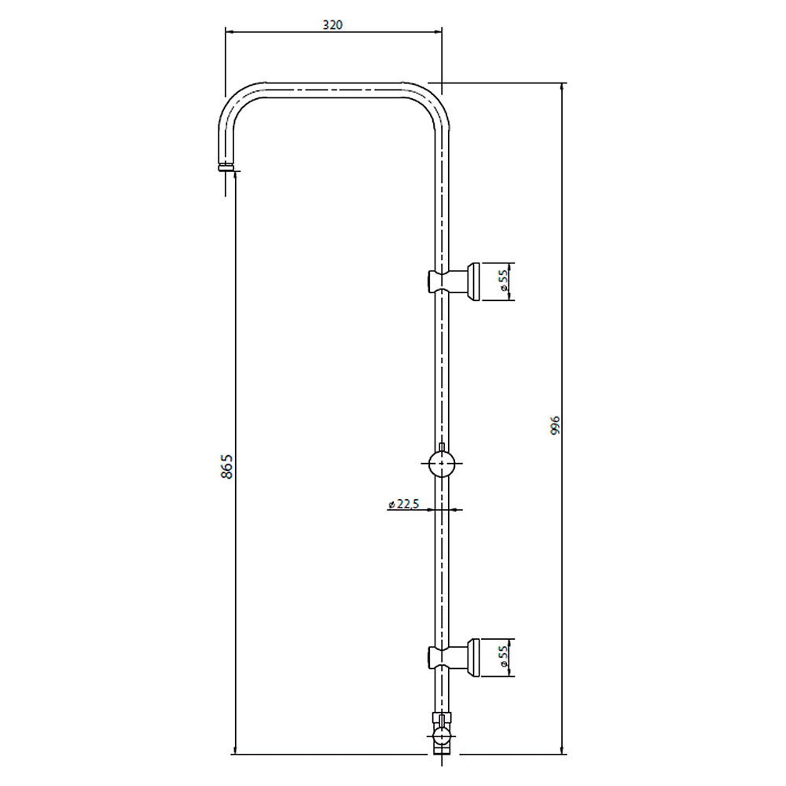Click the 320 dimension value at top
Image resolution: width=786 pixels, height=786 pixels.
(332, 24)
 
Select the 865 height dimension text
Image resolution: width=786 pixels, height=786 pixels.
(227, 467)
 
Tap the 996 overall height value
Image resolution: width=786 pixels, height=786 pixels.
(555, 424)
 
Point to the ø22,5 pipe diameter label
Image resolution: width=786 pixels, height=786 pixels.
(404, 505)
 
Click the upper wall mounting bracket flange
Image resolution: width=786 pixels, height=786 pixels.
(474, 281)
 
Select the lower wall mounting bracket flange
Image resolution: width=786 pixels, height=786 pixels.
(474, 656)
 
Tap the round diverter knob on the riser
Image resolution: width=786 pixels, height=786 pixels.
(443, 465)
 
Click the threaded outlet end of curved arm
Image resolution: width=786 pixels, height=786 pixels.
(226, 167)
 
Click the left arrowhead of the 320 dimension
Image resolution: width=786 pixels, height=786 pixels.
(230, 31)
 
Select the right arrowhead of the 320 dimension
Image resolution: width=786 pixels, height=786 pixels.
(438, 31)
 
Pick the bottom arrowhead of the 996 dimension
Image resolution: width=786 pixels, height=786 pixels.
(562, 750)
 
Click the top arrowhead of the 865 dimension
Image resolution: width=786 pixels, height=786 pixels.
(234, 178)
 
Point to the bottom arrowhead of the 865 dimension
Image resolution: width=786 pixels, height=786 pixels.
(234, 750)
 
